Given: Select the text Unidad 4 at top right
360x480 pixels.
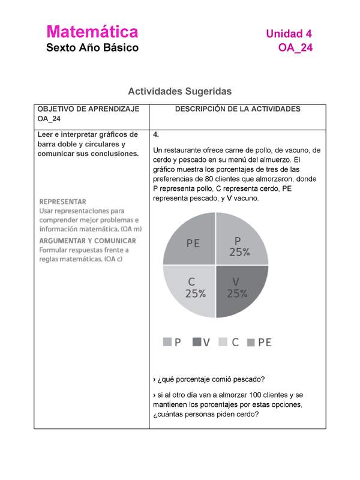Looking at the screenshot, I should pos(289,34).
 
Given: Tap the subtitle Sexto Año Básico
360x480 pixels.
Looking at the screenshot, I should pos(92,47).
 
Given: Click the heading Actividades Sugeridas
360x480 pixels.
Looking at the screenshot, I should pos(179,92).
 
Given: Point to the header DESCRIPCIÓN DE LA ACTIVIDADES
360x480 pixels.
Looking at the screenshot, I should pos(238,109).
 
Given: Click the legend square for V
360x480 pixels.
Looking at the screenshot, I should pos(196,343).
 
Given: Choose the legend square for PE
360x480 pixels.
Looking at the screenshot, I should pos(251,343).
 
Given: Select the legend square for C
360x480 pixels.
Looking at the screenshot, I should pos(223,343).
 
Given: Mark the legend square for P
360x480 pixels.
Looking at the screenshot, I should pos(167,343).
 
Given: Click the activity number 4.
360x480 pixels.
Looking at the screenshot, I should pos(156,134).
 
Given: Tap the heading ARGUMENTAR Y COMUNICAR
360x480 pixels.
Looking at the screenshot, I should pos(88,241).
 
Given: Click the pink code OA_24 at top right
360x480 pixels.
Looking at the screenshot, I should pos(295,48).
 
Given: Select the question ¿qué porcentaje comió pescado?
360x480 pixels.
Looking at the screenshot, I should pos(210,379).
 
